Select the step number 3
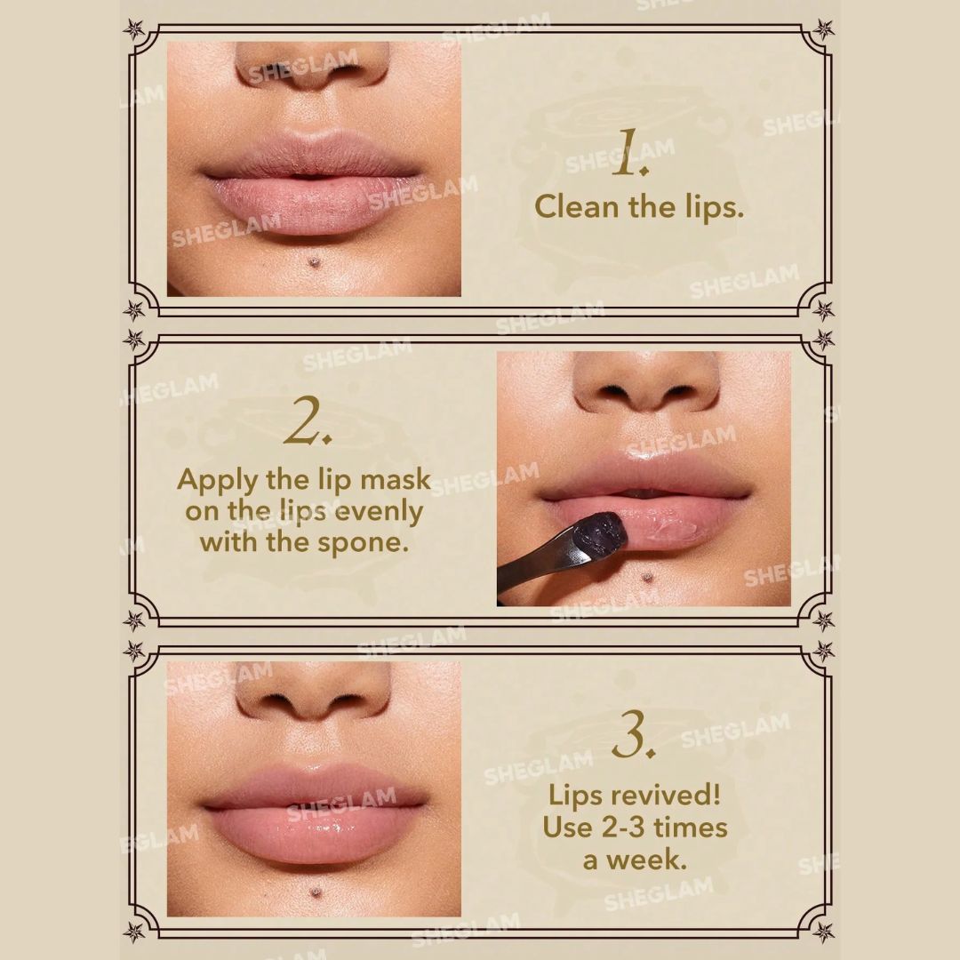[x=634, y=733]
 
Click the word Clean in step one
[x=576, y=206]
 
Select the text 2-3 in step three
[x=623, y=828]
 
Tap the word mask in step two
[x=395, y=480]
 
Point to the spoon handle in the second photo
[x=532, y=567]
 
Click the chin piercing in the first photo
[x=315, y=262]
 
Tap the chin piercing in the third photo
[x=316, y=892]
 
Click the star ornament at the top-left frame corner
[x=134, y=28]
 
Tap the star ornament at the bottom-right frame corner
[x=823, y=932]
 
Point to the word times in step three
[x=690, y=828]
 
